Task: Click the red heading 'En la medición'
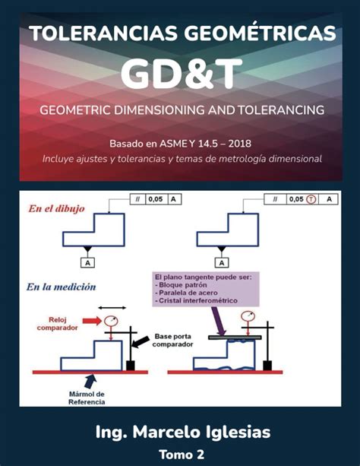pos(61,287)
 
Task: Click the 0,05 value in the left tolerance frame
pos(155,199)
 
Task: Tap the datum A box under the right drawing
pos(222,262)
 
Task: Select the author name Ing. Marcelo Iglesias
pos(182,432)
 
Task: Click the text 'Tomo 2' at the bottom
pos(182,454)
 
